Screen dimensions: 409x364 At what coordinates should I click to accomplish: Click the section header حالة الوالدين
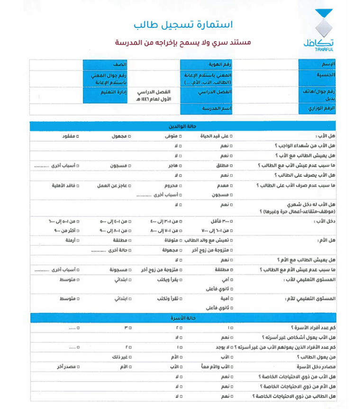click(182, 126)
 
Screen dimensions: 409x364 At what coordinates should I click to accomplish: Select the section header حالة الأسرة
click(182, 317)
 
